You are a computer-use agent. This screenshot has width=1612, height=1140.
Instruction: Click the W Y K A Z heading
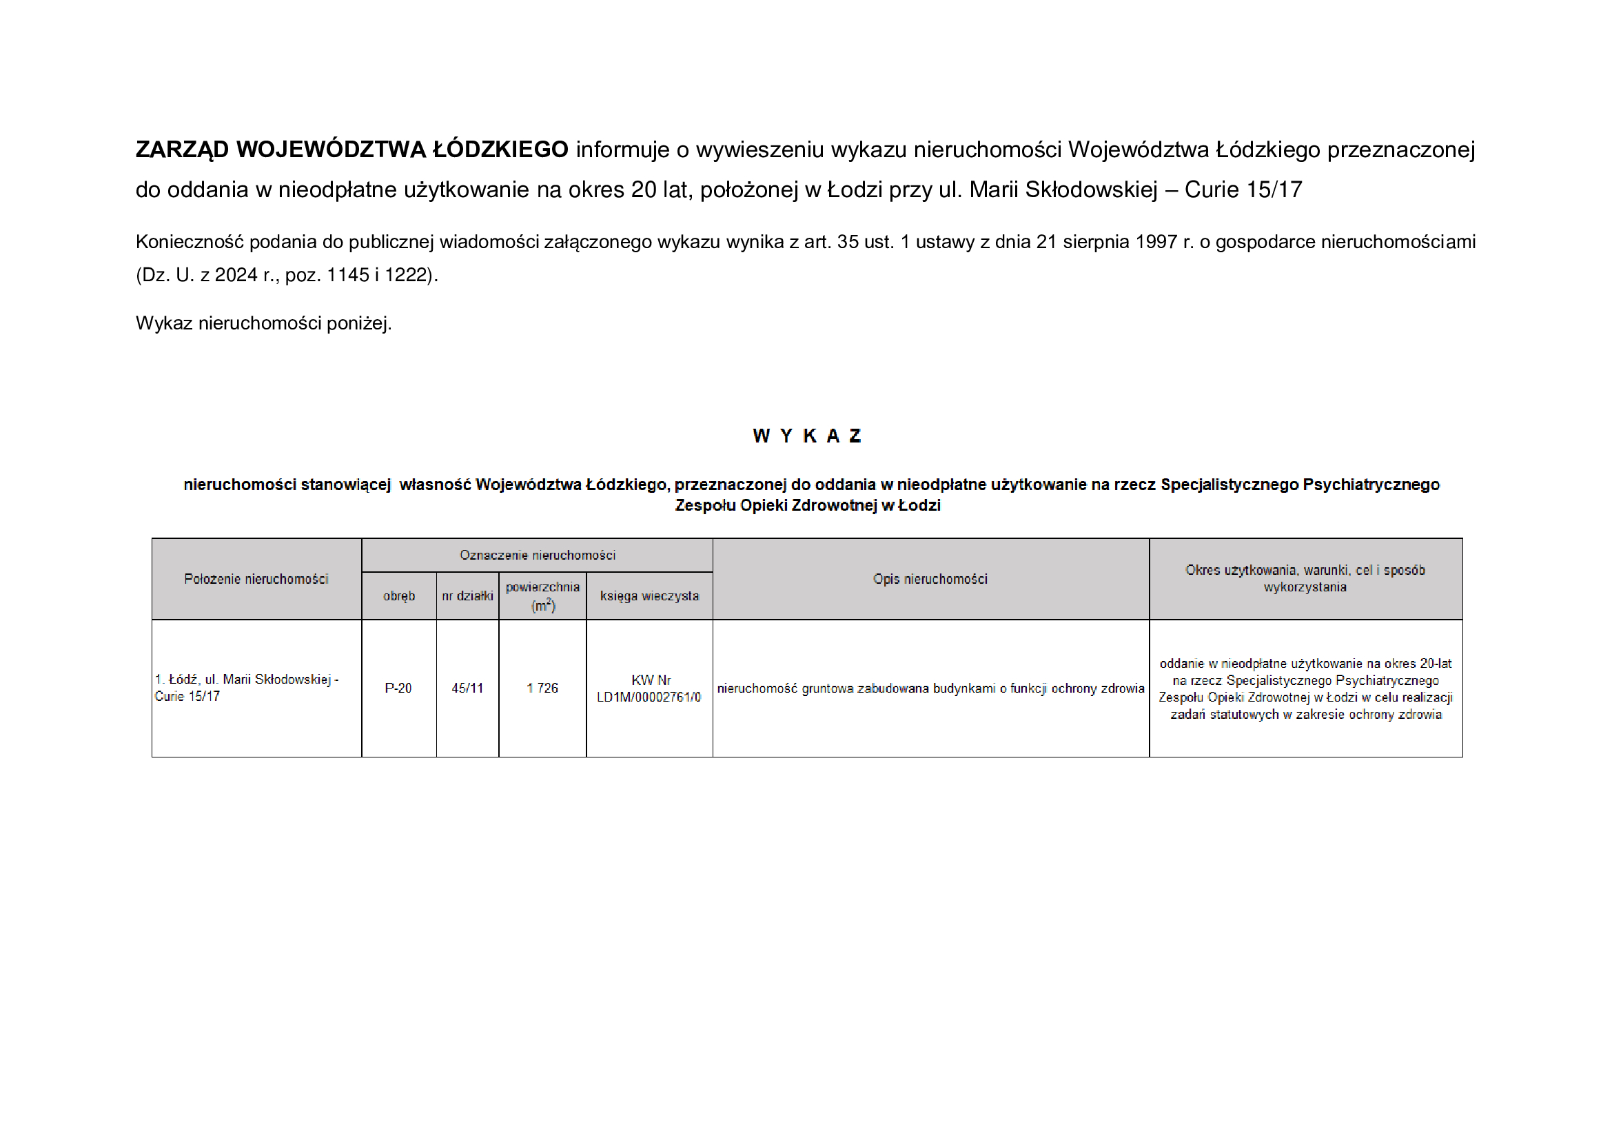(x=807, y=436)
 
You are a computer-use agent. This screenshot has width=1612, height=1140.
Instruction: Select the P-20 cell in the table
(x=398, y=689)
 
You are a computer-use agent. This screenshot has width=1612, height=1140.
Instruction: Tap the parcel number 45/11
(x=467, y=689)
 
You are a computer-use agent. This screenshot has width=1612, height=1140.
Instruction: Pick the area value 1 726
(x=542, y=689)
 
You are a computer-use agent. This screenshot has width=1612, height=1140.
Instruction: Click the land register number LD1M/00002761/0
(x=649, y=697)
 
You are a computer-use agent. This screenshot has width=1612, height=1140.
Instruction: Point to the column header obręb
(x=399, y=596)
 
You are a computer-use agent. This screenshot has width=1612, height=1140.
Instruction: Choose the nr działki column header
(x=467, y=596)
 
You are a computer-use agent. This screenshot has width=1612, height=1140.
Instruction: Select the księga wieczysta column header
(x=649, y=596)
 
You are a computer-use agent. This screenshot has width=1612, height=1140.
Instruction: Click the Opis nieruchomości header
(x=930, y=579)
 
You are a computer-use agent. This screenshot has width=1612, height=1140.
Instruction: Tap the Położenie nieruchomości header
(x=256, y=579)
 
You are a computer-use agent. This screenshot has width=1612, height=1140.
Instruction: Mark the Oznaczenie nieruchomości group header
(x=537, y=556)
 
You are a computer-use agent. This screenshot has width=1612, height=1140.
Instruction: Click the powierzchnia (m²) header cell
(x=542, y=596)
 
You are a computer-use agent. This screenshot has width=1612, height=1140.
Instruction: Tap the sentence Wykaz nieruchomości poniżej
(x=263, y=324)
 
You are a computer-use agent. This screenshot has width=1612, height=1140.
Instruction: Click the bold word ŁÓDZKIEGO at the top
(x=500, y=150)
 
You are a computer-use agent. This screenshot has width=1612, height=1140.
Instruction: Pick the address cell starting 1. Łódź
(x=247, y=688)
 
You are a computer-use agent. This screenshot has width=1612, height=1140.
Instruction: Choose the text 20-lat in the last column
(x=1435, y=663)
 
